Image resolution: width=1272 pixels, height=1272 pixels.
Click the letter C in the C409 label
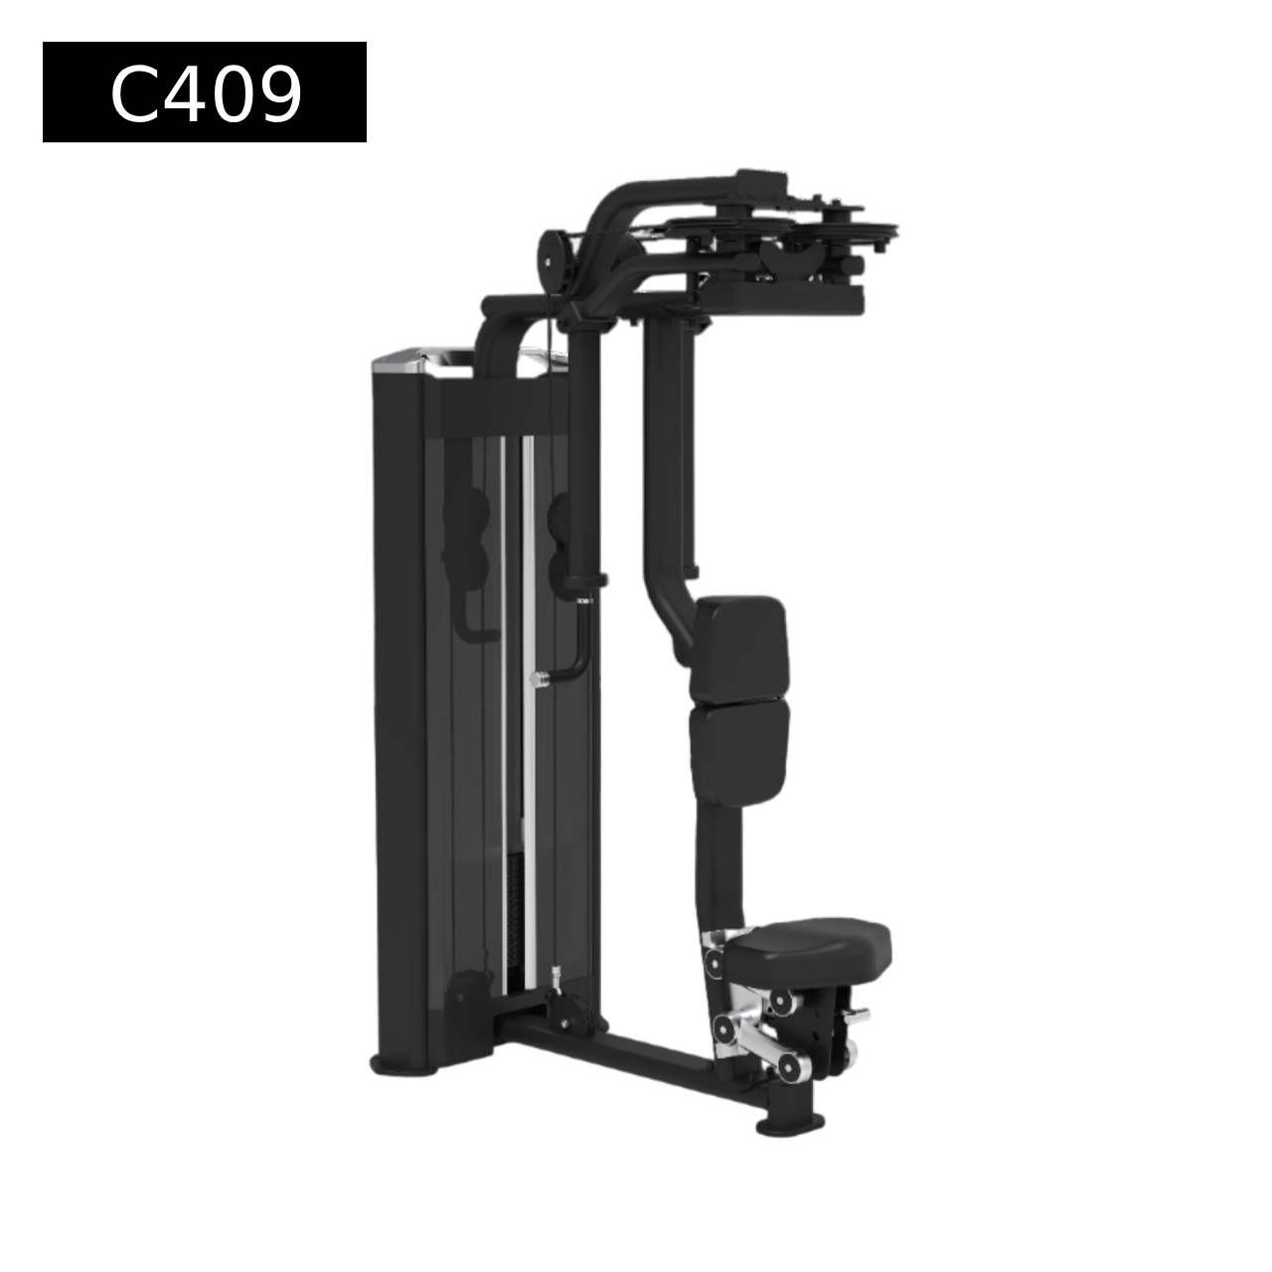tap(134, 93)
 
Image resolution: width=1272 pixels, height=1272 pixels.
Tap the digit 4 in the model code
tap(183, 93)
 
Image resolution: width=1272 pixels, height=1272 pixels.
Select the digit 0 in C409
tap(231, 93)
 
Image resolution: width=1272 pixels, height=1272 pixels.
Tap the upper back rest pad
tap(739, 648)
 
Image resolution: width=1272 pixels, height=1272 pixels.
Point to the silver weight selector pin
tap(540, 679)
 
